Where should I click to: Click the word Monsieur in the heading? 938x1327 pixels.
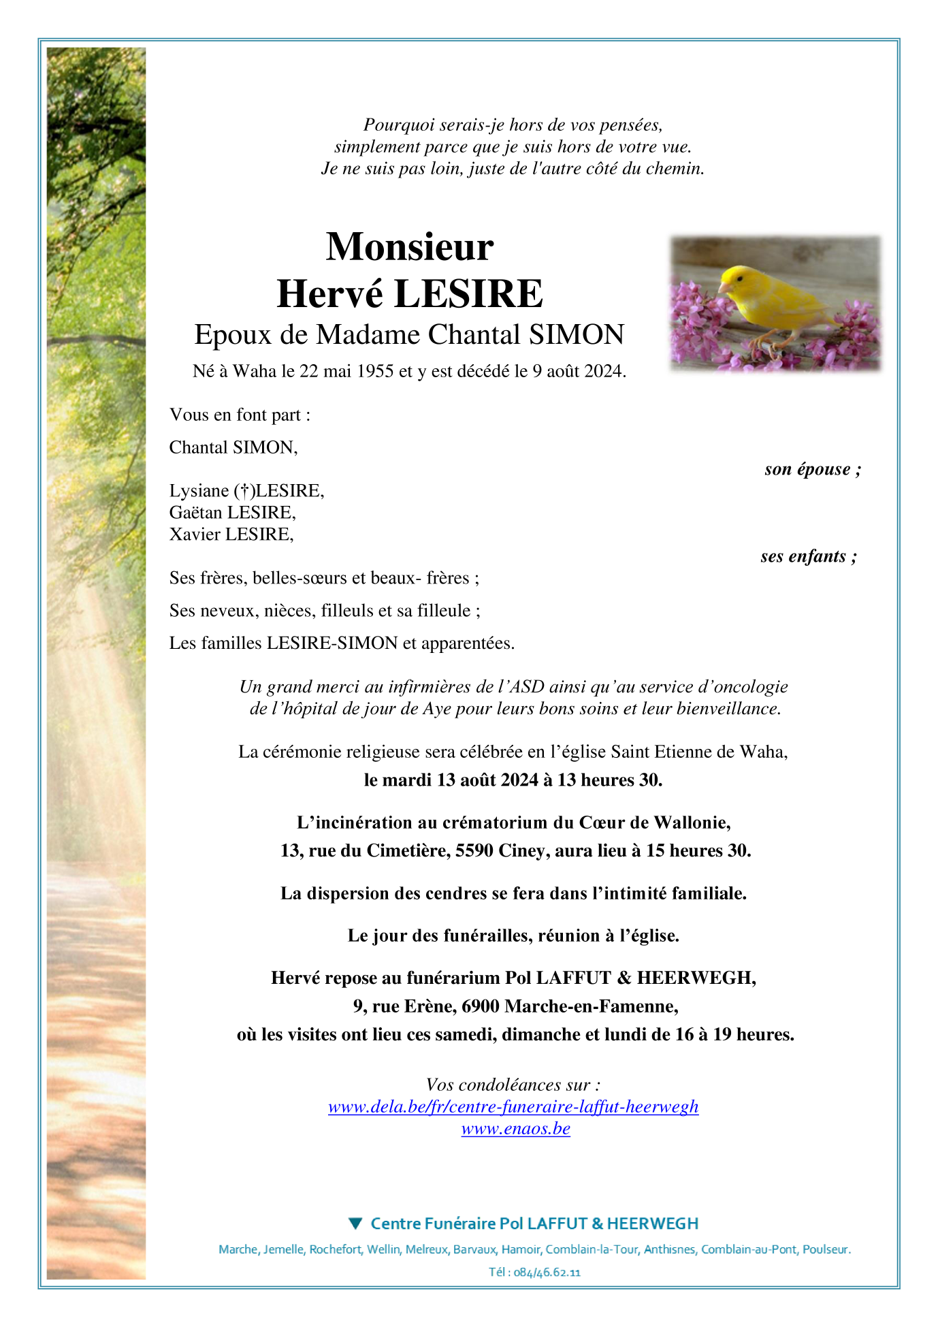[410, 246]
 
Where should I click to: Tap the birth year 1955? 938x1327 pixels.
[373, 371]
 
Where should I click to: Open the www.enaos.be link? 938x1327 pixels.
[515, 1129]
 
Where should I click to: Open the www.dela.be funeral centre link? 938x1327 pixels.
[513, 1107]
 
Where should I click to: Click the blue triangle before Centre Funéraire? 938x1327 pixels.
[355, 1224]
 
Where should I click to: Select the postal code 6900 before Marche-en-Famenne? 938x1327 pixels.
[481, 1006]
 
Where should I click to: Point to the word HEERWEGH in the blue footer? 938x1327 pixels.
[652, 1224]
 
